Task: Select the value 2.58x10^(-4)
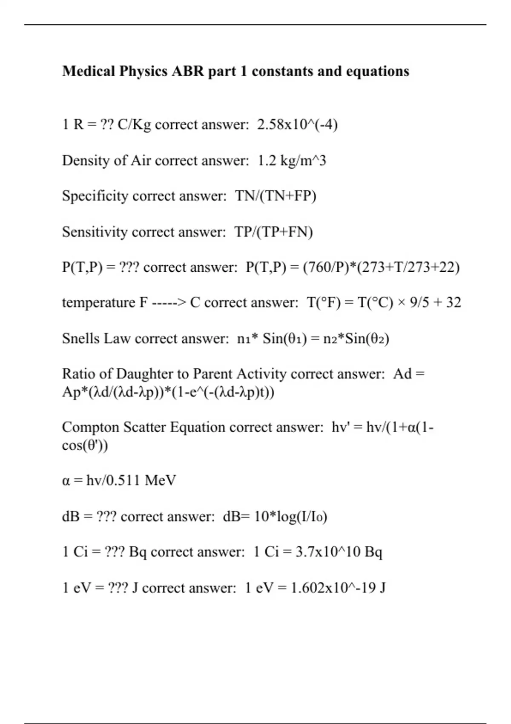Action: point(297,125)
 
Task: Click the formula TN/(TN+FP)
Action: point(276,196)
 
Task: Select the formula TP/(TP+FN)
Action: point(273,232)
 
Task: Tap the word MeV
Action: point(160,480)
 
